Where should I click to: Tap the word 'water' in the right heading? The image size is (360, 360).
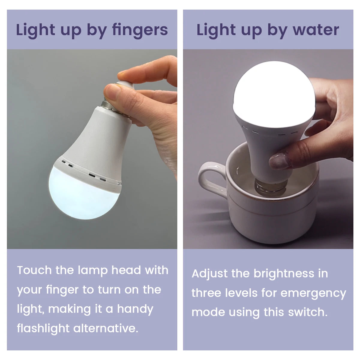click(316, 30)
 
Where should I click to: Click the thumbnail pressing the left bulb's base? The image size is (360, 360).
click(112, 91)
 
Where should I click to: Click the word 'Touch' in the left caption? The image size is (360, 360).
click(34, 270)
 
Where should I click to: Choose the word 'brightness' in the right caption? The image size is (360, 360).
click(284, 274)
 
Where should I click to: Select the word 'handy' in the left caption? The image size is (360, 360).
click(135, 309)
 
